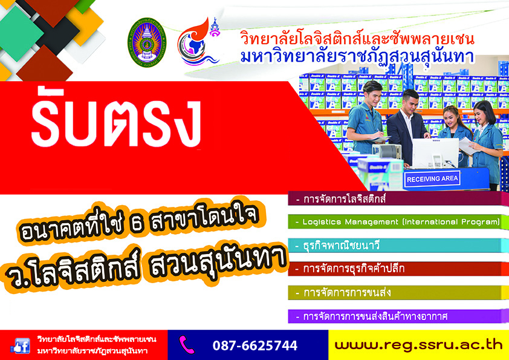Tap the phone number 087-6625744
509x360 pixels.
pos(255,345)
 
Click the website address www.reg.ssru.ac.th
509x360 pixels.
pos(419,345)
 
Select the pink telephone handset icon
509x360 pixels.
pos(187,344)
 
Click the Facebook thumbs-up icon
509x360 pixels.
pos(20,345)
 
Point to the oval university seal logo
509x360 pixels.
pos(147,42)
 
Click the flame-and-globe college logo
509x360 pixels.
pos(198,42)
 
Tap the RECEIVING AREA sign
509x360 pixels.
pos(432,179)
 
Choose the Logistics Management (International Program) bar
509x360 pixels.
pos(398,222)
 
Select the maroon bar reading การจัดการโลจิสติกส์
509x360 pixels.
pos(398,198)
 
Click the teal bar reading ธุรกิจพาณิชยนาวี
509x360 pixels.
pos(398,245)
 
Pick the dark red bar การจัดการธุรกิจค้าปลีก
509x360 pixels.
pos(398,269)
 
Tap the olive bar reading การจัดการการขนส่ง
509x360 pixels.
pos(398,293)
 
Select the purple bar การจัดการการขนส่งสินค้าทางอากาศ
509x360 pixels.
pos(398,316)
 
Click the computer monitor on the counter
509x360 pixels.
pos(435,153)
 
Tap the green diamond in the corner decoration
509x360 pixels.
pos(20,33)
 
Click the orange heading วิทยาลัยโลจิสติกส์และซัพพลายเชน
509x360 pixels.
pos(357,38)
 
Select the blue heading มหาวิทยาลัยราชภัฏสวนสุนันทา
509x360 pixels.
pos(357,56)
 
